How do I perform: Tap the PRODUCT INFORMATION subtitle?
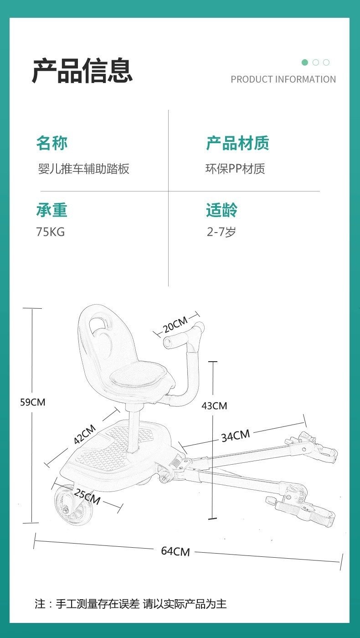pyautogui.click(x=283, y=79)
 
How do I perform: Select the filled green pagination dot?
pyautogui.click(x=305, y=62)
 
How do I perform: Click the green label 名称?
pyautogui.click(x=52, y=143)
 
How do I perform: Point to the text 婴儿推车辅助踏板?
pyautogui.click(x=84, y=169)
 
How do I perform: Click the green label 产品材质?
pyautogui.click(x=237, y=143)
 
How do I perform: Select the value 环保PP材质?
pyautogui.click(x=235, y=169)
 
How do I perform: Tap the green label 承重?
pyautogui.click(x=52, y=210)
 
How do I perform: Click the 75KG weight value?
pyautogui.click(x=51, y=232)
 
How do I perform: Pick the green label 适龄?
pyautogui.click(x=221, y=210)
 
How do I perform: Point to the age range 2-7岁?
pyautogui.click(x=221, y=232)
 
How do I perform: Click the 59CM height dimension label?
pyautogui.click(x=33, y=402)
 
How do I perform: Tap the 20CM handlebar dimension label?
pyautogui.click(x=175, y=324)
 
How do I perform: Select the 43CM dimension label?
pyautogui.click(x=214, y=406)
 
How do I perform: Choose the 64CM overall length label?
pyautogui.click(x=175, y=551)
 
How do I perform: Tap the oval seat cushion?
pyautogui.click(x=139, y=376)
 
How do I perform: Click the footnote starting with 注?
pyautogui.click(x=131, y=604)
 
